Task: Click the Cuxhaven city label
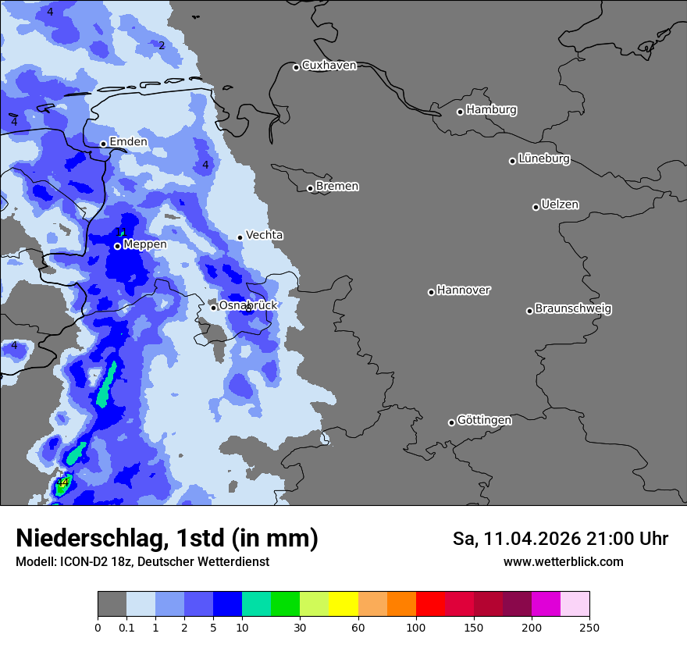coord(329,66)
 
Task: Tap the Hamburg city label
coord(491,110)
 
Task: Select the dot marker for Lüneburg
coord(512,161)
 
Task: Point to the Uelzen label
coord(560,205)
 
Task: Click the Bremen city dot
coord(310,188)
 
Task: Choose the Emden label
coord(128,142)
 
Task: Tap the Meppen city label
coord(145,244)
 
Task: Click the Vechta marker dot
coord(240,237)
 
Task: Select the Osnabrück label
coord(248,305)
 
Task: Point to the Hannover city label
coord(464,290)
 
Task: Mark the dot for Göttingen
coord(451,422)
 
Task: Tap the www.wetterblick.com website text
coord(563,562)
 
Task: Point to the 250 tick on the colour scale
coord(589,628)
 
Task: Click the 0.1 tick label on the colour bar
coord(126,628)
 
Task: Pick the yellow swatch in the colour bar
coord(343,604)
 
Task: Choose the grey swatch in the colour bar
coord(112,604)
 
